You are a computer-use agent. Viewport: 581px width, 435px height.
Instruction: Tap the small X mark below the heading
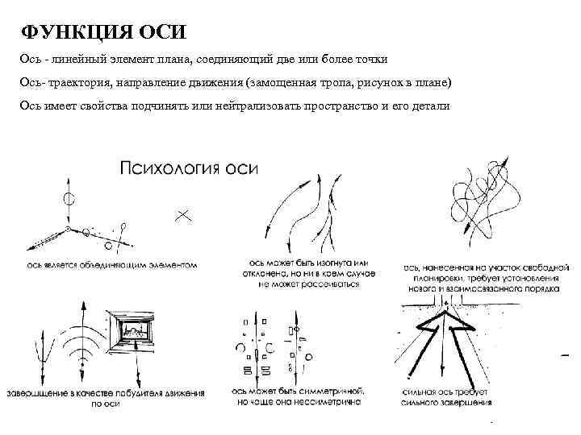pos(183,214)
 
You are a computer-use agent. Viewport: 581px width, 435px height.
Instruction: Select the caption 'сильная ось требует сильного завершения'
pos(447,396)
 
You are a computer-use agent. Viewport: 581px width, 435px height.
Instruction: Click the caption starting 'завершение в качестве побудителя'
pos(105,396)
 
